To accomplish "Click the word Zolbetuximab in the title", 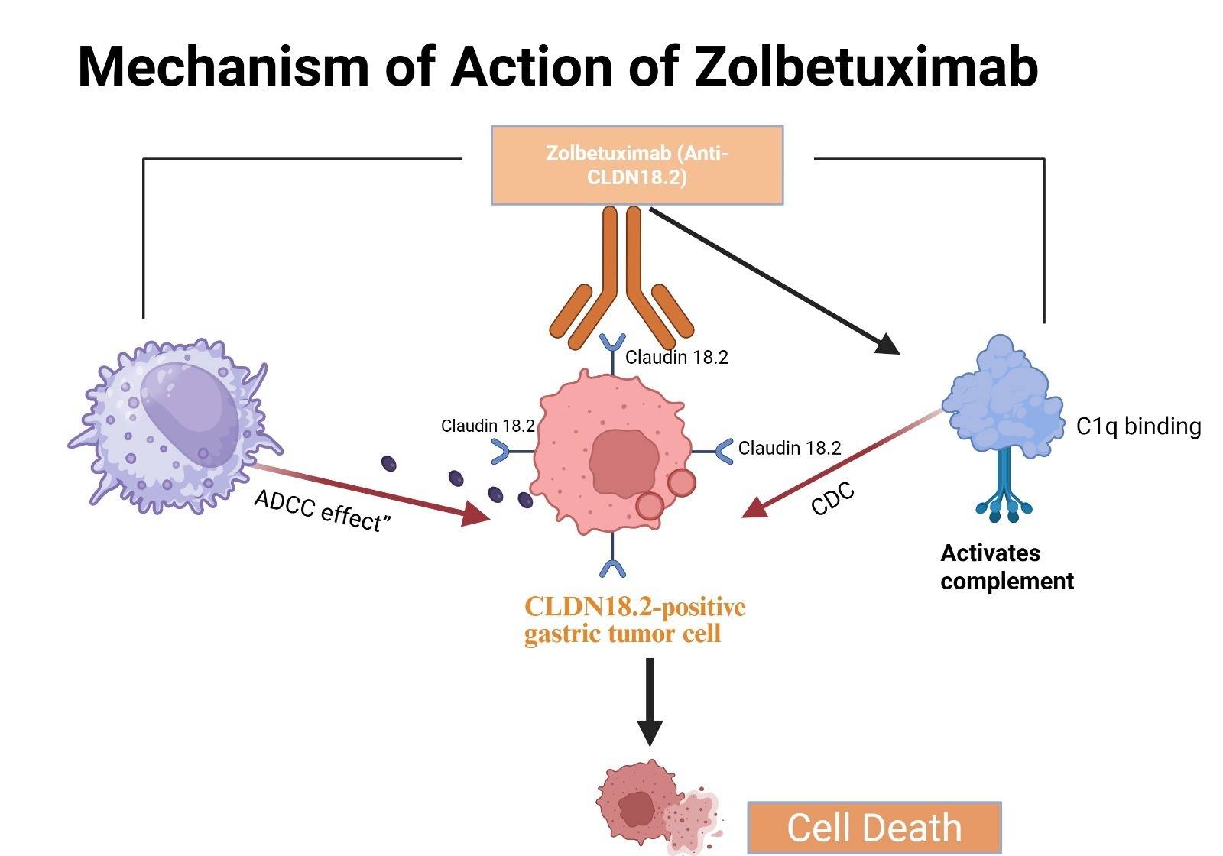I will click(866, 66).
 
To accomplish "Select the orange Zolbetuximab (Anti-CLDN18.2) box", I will click(637, 165).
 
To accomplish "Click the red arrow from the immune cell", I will click(367, 493).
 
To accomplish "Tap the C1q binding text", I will click(1138, 426).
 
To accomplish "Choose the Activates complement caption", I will click(1006, 567).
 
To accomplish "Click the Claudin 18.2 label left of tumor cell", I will click(487, 426).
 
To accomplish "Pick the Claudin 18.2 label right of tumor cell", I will click(789, 448).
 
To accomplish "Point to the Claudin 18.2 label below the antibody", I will click(676, 357).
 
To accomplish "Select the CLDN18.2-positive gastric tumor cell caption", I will click(634, 620).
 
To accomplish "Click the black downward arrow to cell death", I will click(649, 699).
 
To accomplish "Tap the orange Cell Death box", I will click(874, 828).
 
